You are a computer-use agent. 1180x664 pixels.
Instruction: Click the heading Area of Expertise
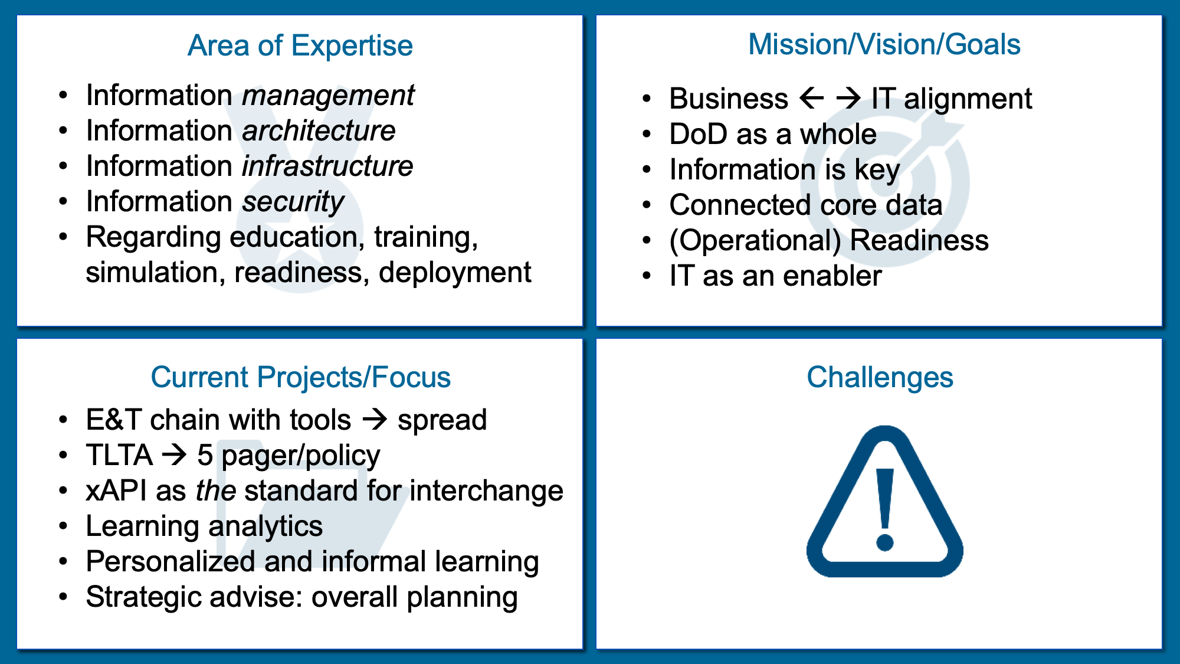click(x=300, y=45)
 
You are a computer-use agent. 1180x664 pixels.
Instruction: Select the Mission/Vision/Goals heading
click(x=884, y=44)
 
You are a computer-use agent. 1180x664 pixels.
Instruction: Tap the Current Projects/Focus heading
click(x=300, y=377)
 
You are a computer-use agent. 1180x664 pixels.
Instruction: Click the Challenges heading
click(x=880, y=377)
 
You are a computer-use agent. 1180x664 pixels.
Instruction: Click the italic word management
click(x=328, y=96)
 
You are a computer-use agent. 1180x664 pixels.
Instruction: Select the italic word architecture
click(x=319, y=130)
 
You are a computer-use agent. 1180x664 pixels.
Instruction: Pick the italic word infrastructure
click(x=327, y=166)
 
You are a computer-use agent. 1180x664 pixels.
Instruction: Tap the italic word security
click(x=293, y=202)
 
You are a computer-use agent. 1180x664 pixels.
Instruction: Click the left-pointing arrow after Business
click(x=812, y=98)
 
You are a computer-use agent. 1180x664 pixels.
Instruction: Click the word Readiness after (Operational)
click(x=919, y=240)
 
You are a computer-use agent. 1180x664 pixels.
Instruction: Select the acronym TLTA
click(x=119, y=455)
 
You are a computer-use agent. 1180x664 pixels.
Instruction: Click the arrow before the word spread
click(x=375, y=420)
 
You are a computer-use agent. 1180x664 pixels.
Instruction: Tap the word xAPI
click(x=116, y=490)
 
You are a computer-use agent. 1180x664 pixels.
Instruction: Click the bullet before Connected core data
click(x=647, y=205)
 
